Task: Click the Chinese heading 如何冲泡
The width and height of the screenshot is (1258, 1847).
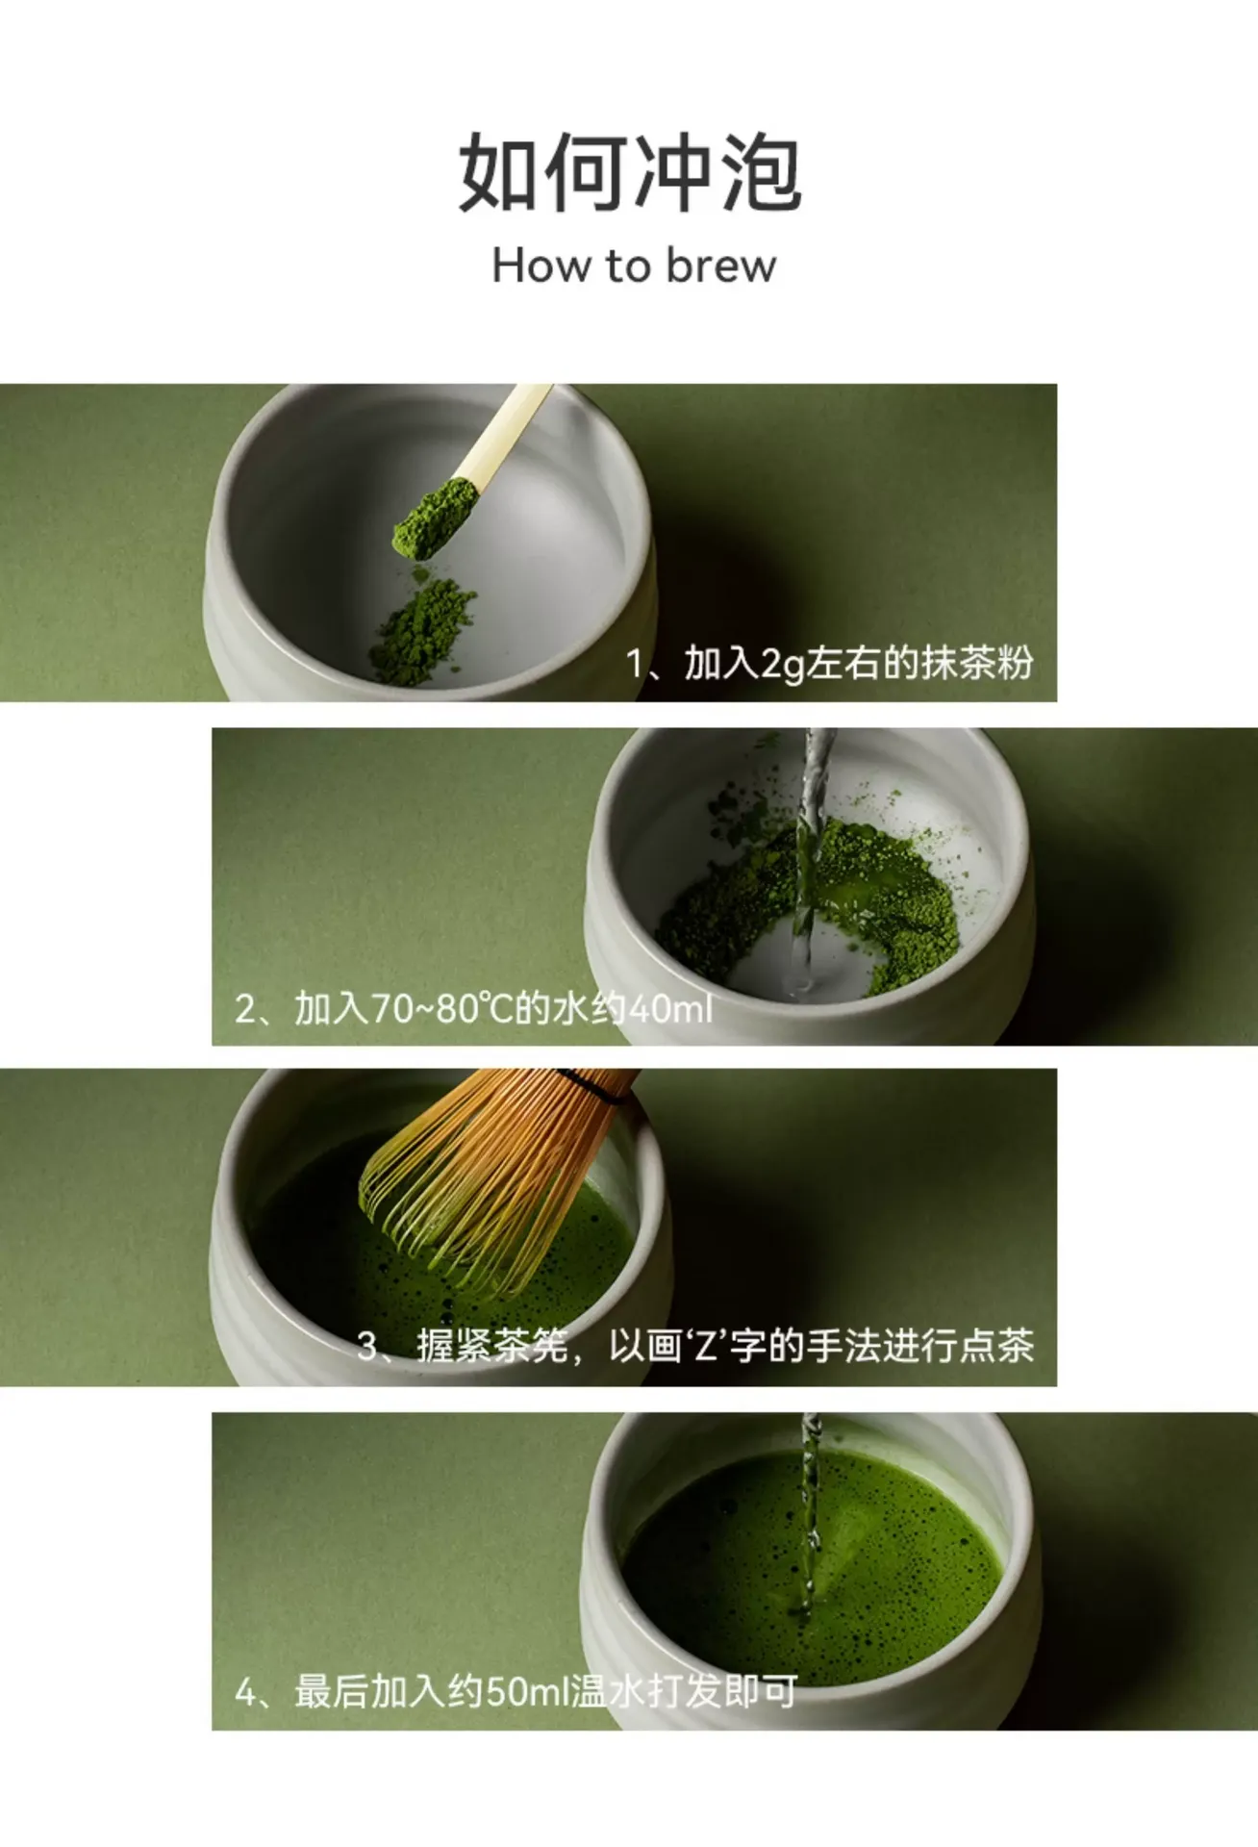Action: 630,172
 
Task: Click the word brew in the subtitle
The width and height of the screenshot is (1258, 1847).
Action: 721,266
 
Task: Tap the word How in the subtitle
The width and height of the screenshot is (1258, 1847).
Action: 540,266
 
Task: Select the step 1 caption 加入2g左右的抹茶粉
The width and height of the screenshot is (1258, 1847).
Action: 859,664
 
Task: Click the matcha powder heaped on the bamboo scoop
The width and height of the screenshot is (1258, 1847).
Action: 436,518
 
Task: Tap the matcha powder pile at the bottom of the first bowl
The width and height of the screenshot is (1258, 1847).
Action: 422,630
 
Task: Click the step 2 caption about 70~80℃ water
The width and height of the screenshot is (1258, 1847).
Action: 473,1009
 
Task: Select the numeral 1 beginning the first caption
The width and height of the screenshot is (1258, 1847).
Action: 635,664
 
